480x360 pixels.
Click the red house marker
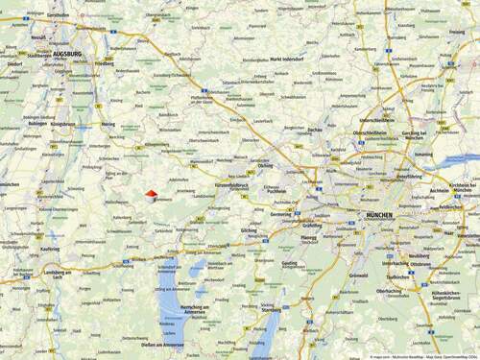coord(151,194)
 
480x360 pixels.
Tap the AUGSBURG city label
coord(66,54)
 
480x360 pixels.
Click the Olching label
coord(265,164)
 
